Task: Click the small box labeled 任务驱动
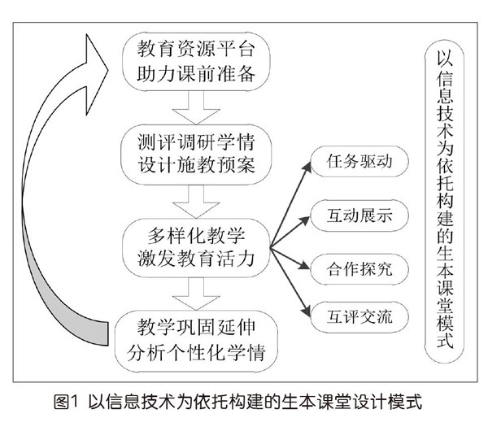pos(352,162)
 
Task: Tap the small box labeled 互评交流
pos(352,317)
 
